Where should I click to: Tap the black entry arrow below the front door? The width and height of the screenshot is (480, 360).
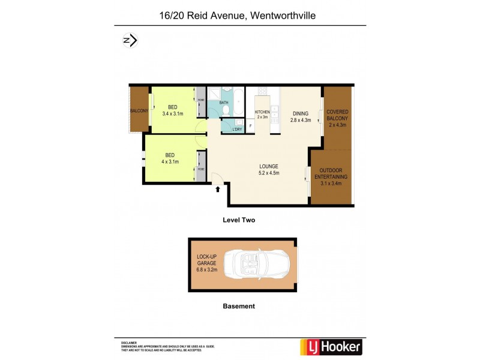(x=218, y=190)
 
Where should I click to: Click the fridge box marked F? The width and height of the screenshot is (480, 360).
(x=250, y=126)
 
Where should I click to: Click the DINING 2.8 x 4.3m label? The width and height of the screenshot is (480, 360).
(x=301, y=116)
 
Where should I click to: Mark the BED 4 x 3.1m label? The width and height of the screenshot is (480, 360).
(x=170, y=158)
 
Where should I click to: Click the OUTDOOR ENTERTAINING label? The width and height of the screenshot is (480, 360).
(x=331, y=176)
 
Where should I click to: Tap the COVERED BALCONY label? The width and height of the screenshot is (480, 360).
(x=338, y=118)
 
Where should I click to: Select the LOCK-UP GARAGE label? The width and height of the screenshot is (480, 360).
(x=206, y=263)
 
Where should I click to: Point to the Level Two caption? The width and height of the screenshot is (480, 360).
(x=239, y=220)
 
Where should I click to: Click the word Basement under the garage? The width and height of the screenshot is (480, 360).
(x=239, y=306)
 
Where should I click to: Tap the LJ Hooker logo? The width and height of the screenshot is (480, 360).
(x=331, y=347)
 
